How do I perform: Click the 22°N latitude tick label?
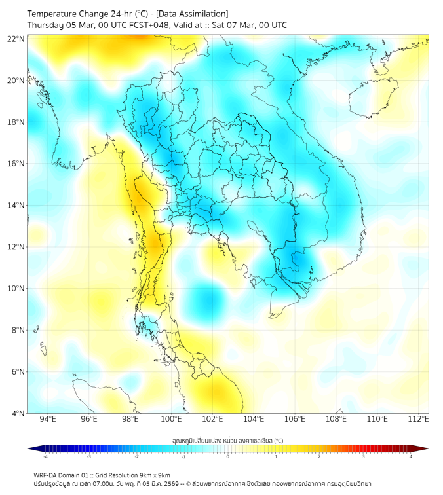tap(16, 39)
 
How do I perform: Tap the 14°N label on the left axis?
tap(16, 205)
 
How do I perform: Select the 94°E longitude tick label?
tap(48, 419)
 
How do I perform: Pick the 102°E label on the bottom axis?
tap(212, 419)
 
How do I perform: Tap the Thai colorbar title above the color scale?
tap(227, 440)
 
